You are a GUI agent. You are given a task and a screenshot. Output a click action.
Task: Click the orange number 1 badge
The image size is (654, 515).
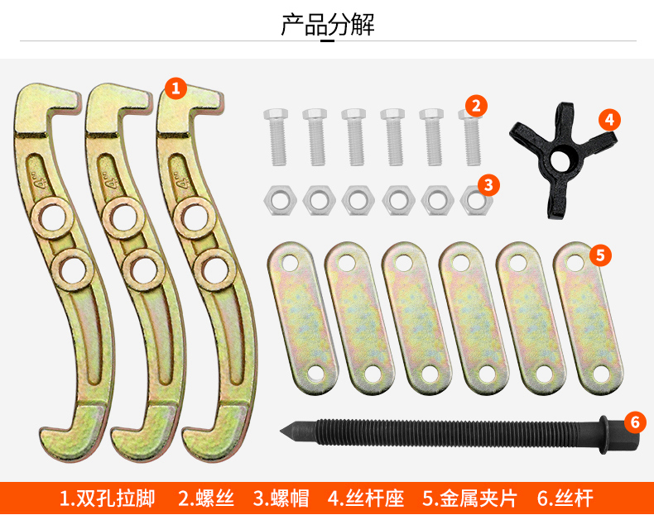click(176, 87)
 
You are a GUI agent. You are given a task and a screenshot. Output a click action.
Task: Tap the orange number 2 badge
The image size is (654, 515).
click(475, 105)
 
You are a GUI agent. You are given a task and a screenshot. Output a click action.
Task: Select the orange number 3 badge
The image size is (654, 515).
click(488, 184)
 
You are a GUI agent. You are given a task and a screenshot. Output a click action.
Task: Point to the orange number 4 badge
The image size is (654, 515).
click(609, 119)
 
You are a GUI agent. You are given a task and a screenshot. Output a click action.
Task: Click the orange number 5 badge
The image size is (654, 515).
click(601, 255)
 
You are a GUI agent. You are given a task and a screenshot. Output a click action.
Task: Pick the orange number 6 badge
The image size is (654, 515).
click(635, 422)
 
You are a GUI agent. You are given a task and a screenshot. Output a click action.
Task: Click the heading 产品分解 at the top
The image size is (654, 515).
click(328, 25)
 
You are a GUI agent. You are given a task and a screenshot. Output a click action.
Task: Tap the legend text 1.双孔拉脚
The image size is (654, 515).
click(108, 498)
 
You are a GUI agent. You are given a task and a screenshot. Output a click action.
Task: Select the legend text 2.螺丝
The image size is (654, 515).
click(206, 498)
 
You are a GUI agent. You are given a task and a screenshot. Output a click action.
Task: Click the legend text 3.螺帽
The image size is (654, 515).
click(281, 498)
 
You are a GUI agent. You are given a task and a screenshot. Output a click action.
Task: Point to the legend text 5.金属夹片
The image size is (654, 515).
click(469, 498)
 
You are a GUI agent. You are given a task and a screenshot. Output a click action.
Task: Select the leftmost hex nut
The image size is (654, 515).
click(277, 198)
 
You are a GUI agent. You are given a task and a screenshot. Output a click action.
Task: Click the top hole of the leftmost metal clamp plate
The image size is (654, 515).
click(290, 264)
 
